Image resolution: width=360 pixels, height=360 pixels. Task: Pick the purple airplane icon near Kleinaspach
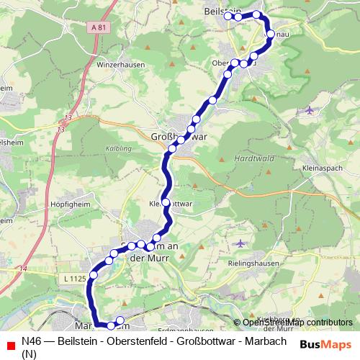click(310, 110)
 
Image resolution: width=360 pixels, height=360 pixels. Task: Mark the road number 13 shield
click(68, 118)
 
